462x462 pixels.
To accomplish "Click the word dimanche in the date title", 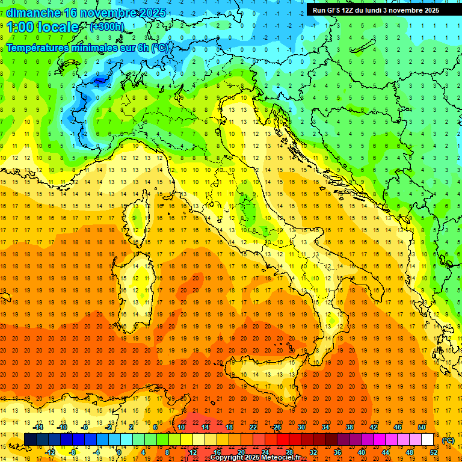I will coord(34,13).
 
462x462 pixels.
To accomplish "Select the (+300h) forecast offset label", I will coord(106,27).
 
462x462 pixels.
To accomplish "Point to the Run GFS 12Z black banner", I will coord(375,10).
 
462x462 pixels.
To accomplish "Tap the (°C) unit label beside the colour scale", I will coord(448,440).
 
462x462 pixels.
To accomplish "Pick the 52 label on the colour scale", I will coord(434,452).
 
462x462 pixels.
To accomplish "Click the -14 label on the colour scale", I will coord(38,427).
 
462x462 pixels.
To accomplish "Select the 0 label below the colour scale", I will coord(119,452).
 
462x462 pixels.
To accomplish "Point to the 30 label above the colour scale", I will coord(301,427).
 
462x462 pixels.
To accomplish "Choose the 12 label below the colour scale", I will coord(193,452).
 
